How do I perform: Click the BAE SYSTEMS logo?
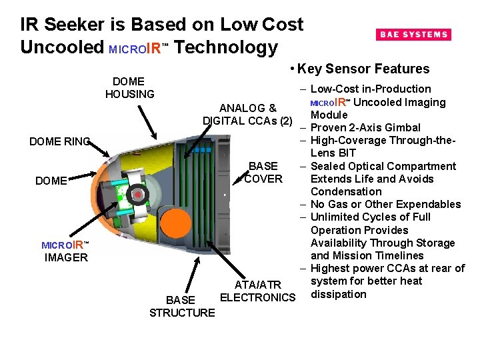[x=413, y=35]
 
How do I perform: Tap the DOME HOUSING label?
[x=129, y=88]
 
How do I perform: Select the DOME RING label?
[x=59, y=141]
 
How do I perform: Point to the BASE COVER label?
[x=263, y=173]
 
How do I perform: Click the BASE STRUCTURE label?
[x=182, y=306]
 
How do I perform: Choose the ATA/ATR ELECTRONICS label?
[x=257, y=291]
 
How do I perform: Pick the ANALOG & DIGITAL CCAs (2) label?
[x=247, y=114]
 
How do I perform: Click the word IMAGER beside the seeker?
[x=66, y=257]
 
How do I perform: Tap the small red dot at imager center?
[x=137, y=195]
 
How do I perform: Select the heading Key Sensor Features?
[x=363, y=69]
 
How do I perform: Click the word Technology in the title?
[x=227, y=47]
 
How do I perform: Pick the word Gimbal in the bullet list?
[x=403, y=127]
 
